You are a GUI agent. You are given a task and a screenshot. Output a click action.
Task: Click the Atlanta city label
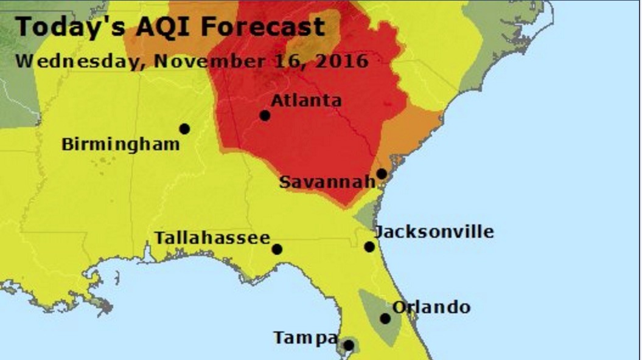[x=305, y=100]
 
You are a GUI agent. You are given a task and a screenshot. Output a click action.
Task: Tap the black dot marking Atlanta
[x=265, y=116]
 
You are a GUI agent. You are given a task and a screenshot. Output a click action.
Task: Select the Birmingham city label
[x=120, y=145]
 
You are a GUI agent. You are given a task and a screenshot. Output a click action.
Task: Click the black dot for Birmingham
[x=184, y=129]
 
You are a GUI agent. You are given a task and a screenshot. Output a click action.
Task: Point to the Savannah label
[x=327, y=182]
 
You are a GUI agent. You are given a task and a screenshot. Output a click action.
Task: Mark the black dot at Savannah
[x=382, y=174]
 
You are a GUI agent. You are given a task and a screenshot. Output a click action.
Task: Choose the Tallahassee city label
[x=212, y=238]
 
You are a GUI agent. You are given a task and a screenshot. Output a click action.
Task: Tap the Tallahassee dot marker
[x=277, y=249]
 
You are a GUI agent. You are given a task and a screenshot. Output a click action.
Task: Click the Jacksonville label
[x=434, y=232]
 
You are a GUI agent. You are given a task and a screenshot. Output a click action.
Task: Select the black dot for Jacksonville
[x=369, y=247]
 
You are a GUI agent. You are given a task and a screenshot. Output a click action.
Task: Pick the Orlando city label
[x=431, y=307]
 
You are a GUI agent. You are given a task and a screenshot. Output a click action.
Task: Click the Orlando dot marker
[x=385, y=319]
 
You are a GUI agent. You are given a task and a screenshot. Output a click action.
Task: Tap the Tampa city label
[x=305, y=337]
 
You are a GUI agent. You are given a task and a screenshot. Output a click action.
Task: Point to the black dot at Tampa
[x=348, y=345]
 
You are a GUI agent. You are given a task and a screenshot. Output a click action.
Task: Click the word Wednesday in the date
[x=80, y=61]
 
